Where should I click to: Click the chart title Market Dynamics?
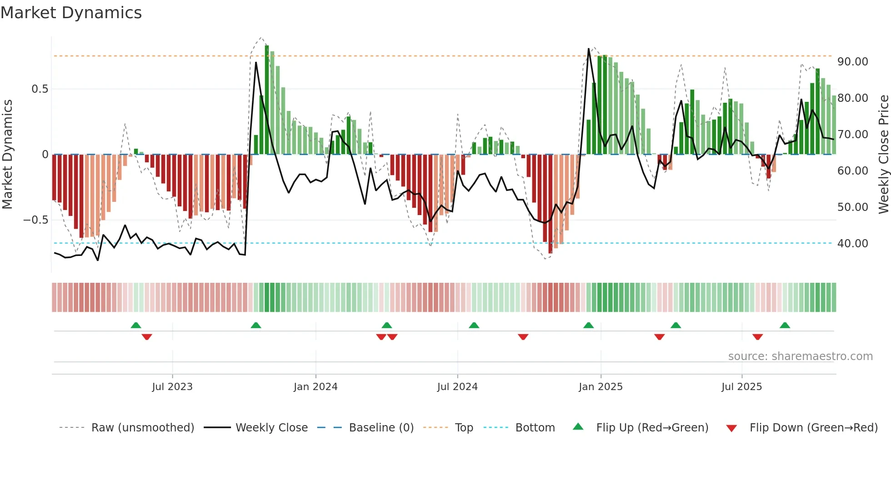coord(71,13)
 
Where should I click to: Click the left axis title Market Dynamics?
coord(7,154)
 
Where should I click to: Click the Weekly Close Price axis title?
coord(883,154)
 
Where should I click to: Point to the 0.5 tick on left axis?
coord(40,89)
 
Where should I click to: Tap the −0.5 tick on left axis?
coord(35,220)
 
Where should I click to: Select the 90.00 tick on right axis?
coord(852,62)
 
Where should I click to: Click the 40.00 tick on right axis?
coord(852,244)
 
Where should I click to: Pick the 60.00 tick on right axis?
coord(852,171)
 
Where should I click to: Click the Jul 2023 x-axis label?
coord(172,387)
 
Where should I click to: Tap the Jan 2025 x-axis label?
coord(601,387)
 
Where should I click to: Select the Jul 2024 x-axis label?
coord(457,387)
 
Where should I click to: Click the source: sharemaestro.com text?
coord(800,356)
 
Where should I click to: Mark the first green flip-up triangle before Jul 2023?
coord(136,326)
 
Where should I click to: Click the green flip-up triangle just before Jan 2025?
coord(588,326)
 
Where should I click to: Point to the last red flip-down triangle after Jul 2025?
coord(757,337)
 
